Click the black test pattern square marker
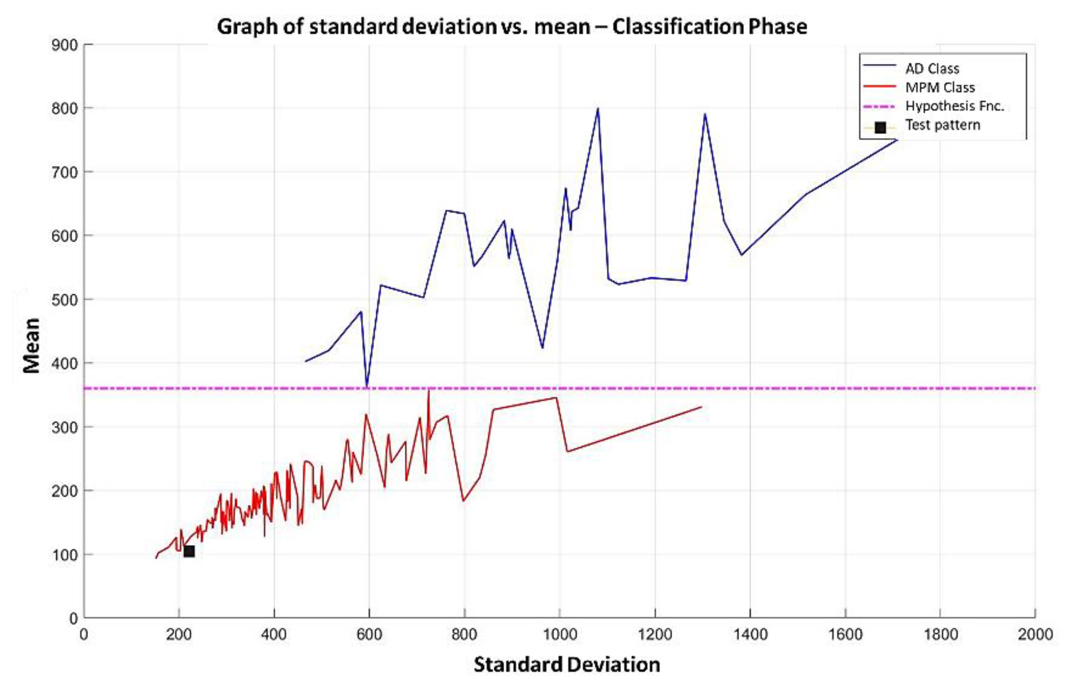189,552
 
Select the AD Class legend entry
932,69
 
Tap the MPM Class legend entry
940,88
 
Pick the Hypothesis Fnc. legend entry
955,106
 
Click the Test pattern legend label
943,125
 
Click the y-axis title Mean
31,346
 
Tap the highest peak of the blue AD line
598,109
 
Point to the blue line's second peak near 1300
705,114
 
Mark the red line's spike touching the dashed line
429,391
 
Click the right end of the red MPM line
701,407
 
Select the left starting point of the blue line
305,361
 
